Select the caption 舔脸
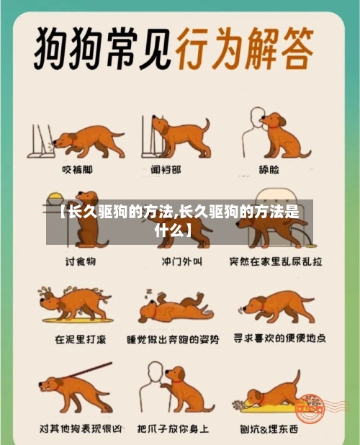[276, 169]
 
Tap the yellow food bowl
[55, 194]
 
